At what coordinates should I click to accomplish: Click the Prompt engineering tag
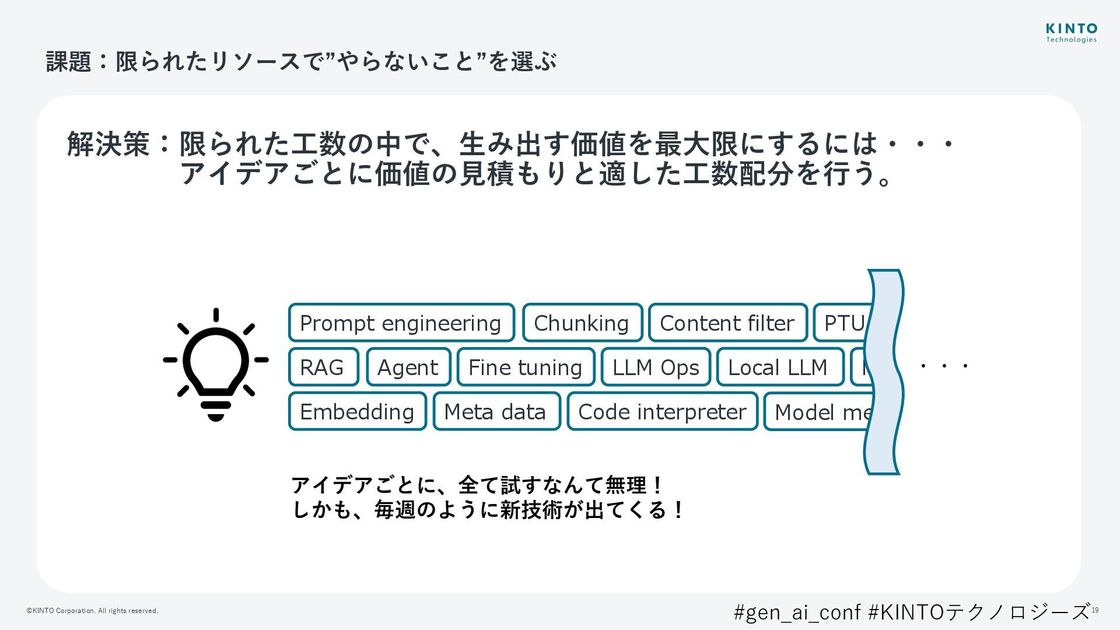401,323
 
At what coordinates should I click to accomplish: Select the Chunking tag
582,323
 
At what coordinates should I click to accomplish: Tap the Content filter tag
727,323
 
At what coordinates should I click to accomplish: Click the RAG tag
323,367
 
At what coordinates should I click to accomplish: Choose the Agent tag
408,367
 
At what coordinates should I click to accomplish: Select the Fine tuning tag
526,367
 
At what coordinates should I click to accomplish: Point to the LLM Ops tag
656,367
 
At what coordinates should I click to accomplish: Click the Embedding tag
357,411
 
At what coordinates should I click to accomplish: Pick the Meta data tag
496,411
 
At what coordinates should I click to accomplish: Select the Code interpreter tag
662,411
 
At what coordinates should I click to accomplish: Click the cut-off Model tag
820,411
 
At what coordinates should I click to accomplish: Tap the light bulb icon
216,365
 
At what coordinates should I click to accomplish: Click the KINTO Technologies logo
1071,33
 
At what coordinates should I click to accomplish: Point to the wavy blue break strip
884,372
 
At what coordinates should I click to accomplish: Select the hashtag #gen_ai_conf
797,611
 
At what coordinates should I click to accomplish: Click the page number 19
1095,610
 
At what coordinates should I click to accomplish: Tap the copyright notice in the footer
92,611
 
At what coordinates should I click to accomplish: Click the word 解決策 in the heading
108,143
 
